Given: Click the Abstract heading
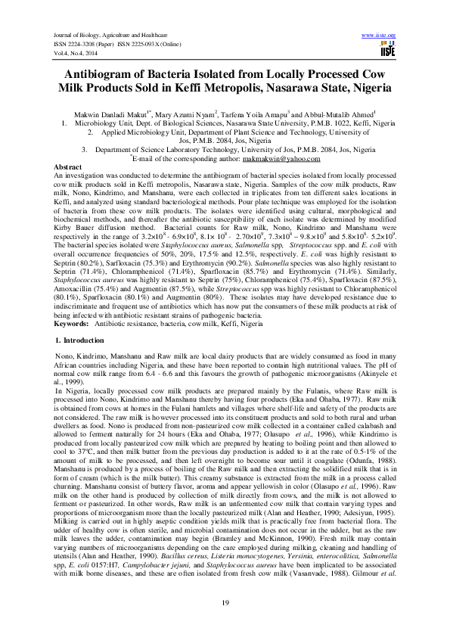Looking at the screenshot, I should coord(64,166).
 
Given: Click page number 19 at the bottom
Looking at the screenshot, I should coord(225,601).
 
